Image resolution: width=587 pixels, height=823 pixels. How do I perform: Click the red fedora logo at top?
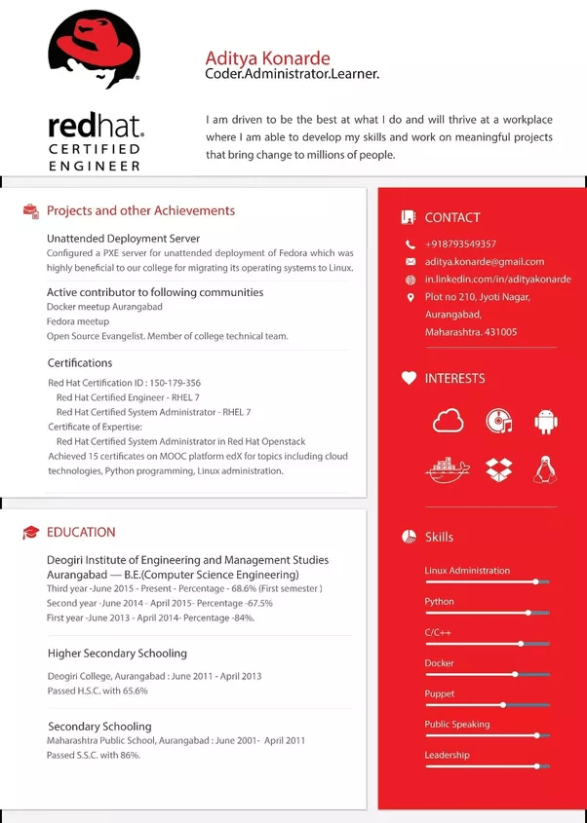pos(95,49)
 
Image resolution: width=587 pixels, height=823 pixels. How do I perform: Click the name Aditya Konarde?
pos(267,58)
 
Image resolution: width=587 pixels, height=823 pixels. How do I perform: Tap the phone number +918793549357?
pos(460,243)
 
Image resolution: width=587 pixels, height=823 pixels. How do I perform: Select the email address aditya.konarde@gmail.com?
pos(485,261)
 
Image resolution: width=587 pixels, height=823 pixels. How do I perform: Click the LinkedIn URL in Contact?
pos(485,280)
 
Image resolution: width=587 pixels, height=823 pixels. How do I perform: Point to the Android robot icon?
pos(545,421)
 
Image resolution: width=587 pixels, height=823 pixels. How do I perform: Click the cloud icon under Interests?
pos(448,421)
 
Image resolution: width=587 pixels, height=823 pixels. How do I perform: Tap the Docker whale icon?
pos(448,468)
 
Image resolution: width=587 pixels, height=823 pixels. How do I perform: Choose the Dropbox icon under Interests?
pos(499,468)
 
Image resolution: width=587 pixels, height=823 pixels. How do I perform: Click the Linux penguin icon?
pos(545,469)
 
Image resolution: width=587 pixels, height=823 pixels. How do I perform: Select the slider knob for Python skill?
pos(528,613)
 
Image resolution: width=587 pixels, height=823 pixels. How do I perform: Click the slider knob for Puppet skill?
pos(503,704)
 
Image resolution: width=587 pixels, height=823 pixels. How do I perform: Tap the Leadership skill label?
pos(447,755)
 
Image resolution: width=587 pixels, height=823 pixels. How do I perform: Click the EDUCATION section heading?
pos(81,532)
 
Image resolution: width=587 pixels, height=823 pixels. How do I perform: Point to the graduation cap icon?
pos(31,533)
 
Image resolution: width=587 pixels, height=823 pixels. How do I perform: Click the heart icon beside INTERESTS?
pos(410,378)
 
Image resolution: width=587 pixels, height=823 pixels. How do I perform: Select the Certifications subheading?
pos(80,363)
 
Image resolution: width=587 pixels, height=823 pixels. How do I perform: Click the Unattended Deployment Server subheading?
pos(123,238)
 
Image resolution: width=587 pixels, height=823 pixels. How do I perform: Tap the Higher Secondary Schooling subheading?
pos(117,654)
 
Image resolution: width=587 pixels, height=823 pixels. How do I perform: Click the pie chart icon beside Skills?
pos(410,537)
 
